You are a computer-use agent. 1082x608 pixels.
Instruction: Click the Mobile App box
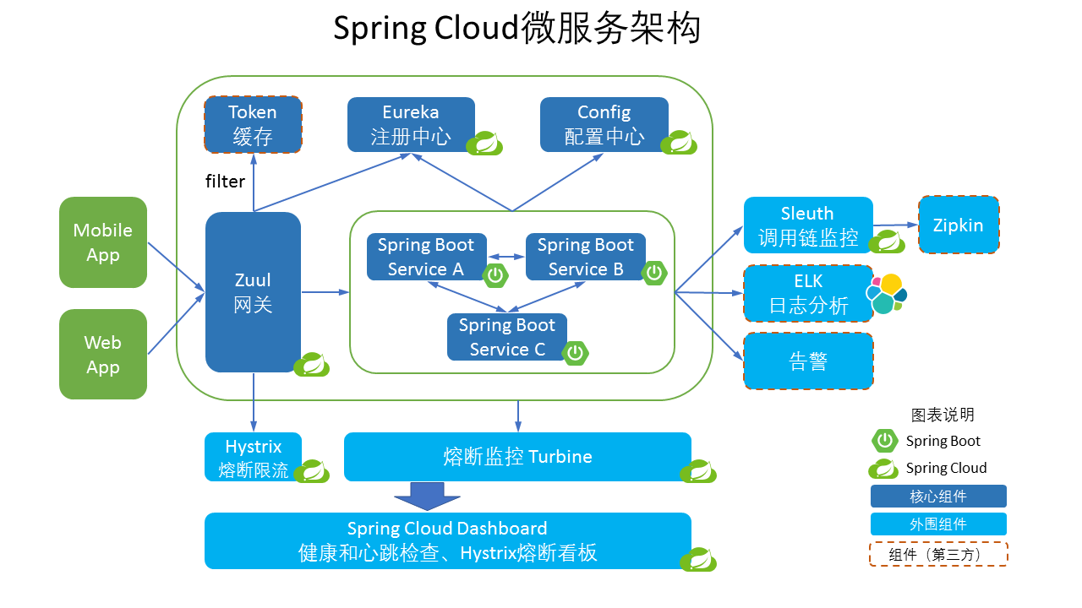click(103, 242)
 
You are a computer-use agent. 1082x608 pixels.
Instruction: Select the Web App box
click(103, 355)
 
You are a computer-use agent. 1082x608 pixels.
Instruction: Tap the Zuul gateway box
click(253, 291)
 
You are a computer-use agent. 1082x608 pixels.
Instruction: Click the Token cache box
click(253, 124)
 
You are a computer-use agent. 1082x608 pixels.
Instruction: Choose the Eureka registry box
click(411, 124)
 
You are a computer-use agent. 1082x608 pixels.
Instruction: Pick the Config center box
click(604, 124)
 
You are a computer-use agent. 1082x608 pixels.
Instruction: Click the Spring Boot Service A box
click(426, 257)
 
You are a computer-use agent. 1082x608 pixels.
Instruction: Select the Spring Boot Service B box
click(585, 257)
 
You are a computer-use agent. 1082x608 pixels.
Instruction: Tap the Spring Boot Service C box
click(506, 337)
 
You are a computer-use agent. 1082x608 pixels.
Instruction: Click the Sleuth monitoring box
click(807, 225)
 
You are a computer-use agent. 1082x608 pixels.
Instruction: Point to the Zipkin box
click(958, 225)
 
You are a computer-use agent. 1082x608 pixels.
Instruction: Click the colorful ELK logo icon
click(887, 294)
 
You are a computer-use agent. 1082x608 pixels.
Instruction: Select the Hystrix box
click(253, 457)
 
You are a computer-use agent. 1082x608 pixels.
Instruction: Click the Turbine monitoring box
click(517, 457)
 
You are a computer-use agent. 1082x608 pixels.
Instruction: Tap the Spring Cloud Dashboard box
click(447, 540)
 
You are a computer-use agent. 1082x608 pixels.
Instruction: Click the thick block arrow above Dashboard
click(428, 496)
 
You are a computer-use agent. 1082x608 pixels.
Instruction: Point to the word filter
click(225, 182)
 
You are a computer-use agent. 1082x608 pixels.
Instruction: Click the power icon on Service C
click(576, 353)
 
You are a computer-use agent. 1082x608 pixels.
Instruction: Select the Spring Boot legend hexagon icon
click(884, 440)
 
